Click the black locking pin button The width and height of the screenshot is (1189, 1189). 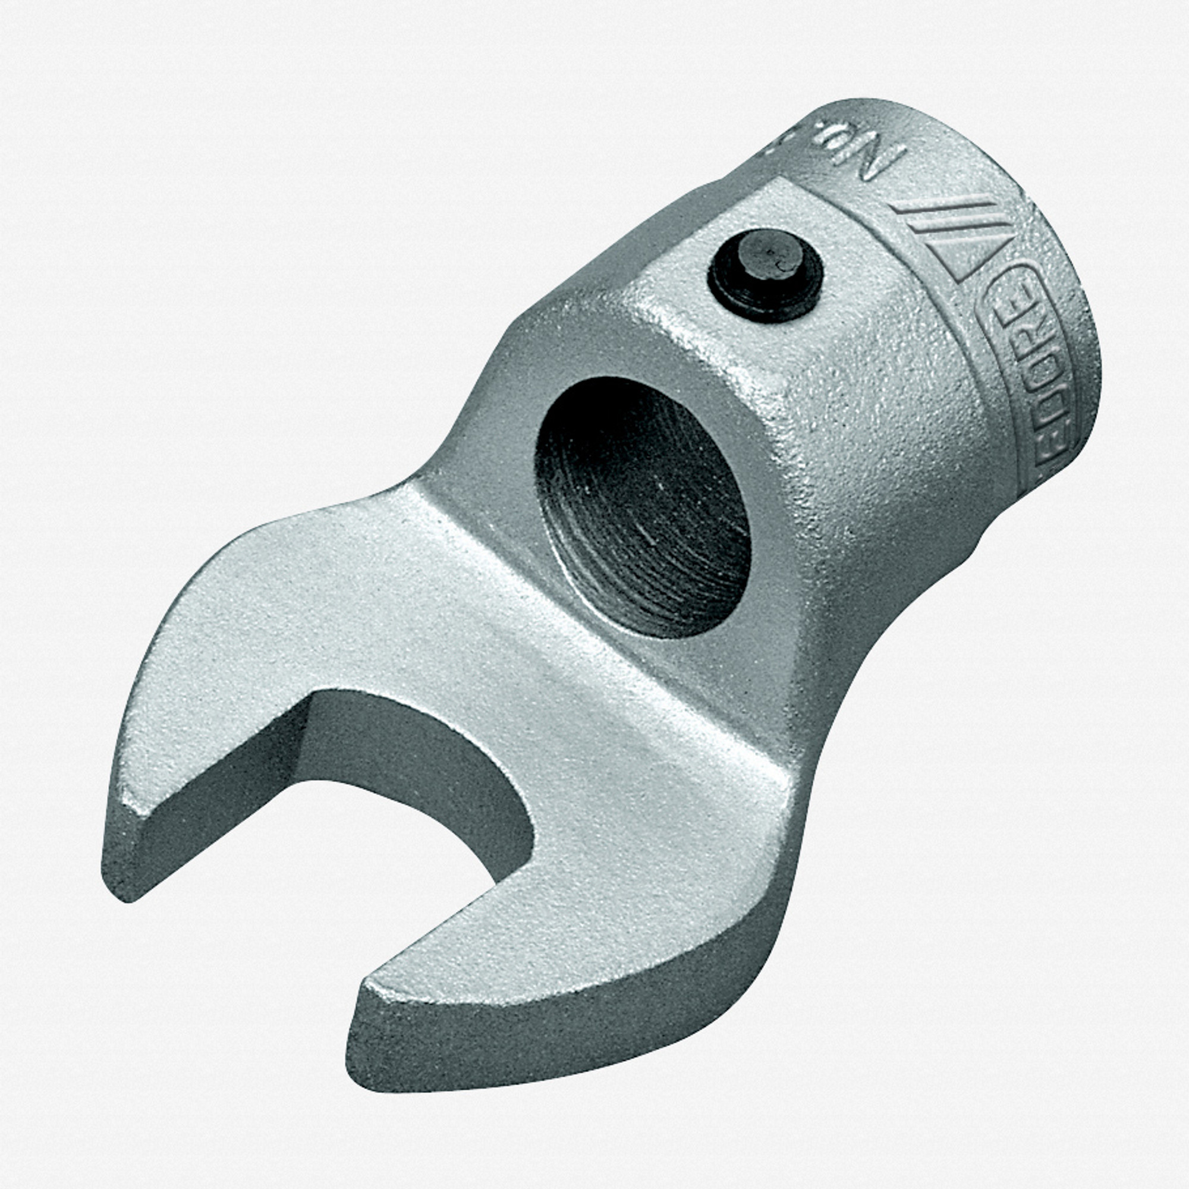765,275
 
